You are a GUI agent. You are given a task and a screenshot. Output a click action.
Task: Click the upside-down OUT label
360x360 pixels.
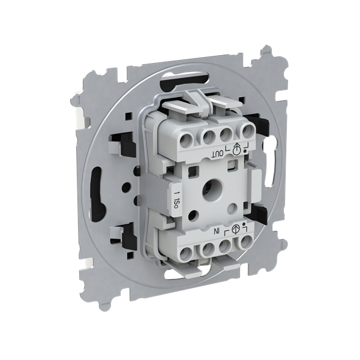pos(217,155)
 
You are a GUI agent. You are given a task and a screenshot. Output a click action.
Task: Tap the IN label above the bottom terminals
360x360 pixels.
pos(217,232)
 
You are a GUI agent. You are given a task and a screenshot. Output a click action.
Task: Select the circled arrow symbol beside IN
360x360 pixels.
pos(236,229)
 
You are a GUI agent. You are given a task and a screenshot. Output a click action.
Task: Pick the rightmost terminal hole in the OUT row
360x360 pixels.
pos(247,131)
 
